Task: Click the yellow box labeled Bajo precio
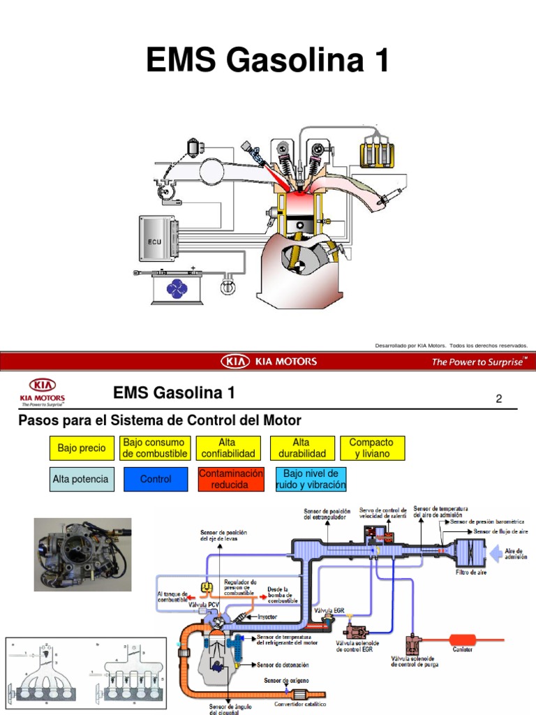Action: coord(82,448)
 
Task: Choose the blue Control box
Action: coord(156,479)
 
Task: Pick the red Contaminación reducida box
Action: coord(232,479)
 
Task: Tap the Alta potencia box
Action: coord(81,479)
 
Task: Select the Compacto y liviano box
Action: coord(371,448)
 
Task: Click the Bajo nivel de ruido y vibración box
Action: coord(311,479)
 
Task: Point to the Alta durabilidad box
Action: coord(301,448)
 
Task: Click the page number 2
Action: coord(498,399)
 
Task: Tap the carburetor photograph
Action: coord(82,554)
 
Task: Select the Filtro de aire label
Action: coord(471,572)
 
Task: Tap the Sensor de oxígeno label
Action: coord(286,679)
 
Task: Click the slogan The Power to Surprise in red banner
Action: coord(479,362)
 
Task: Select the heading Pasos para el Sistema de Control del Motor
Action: coord(159,421)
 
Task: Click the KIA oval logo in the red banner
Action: coord(236,361)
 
